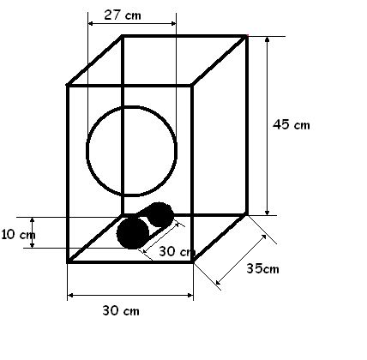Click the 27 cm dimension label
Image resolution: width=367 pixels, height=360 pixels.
(x=123, y=15)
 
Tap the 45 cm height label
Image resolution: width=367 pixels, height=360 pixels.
(x=292, y=124)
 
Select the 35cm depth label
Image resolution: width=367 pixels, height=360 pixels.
(x=262, y=268)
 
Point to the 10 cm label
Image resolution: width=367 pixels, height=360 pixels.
(x=18, y=235)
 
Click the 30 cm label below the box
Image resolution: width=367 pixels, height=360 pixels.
(x=121, y=310)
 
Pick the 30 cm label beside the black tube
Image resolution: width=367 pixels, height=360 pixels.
(x=177, y=251)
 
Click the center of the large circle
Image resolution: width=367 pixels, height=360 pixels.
(x=131, y=151)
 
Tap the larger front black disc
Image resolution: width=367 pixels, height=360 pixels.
(x=133, y=232)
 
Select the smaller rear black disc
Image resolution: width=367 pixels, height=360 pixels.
(x=159, y=214)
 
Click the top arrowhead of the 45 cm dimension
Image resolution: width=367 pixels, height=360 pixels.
(x=268, y=39)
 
